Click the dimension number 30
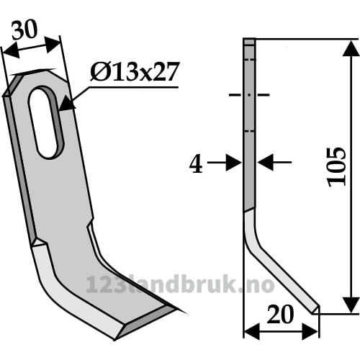24,30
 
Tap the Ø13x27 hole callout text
135,71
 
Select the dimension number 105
337,167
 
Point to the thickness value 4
196,165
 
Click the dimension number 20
280,314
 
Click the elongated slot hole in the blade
45,122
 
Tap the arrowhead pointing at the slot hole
66,104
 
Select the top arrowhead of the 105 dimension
351,48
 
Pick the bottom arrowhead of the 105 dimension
351,305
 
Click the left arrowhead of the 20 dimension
251,331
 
